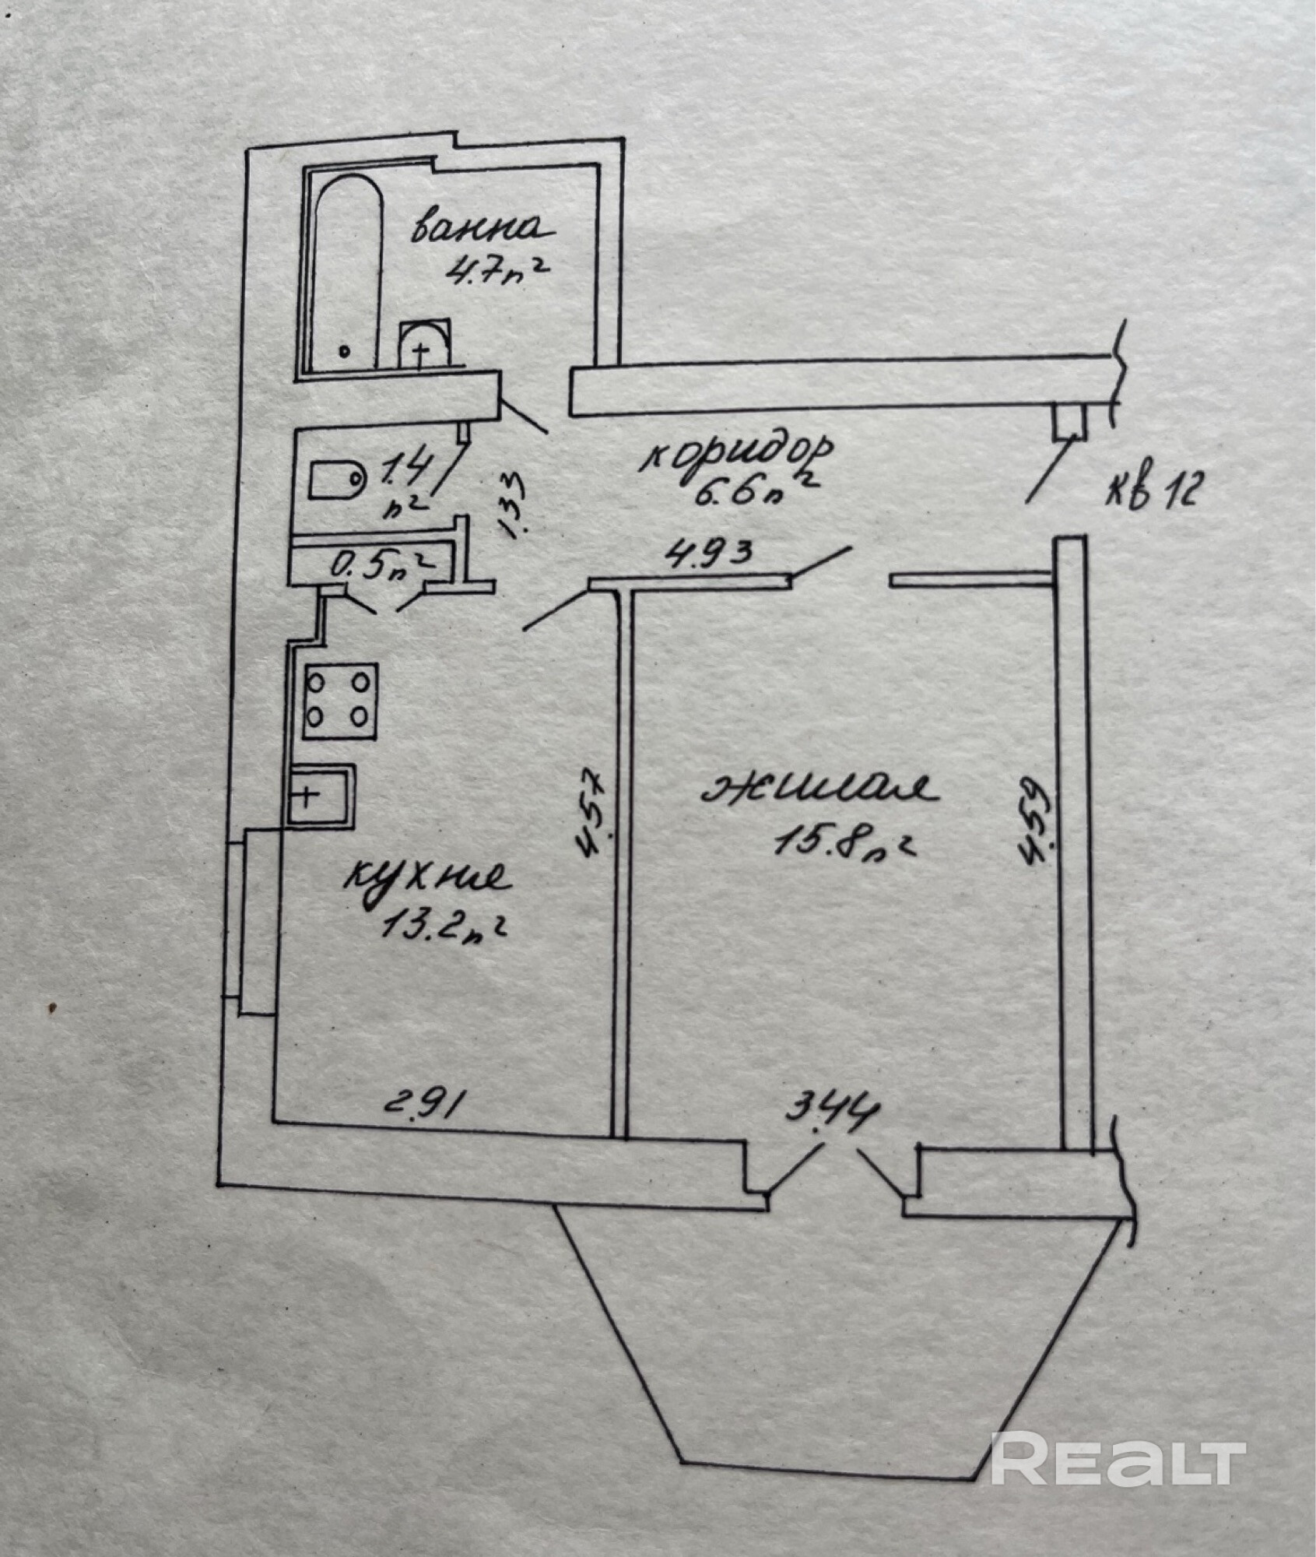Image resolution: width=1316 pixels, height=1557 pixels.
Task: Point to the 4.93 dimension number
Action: coord(707,556)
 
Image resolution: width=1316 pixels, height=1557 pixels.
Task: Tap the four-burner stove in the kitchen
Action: coord(341,701)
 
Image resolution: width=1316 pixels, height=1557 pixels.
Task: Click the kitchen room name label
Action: coord(426,879)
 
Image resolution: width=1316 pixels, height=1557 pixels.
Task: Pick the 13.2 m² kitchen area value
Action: coord(442,926)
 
